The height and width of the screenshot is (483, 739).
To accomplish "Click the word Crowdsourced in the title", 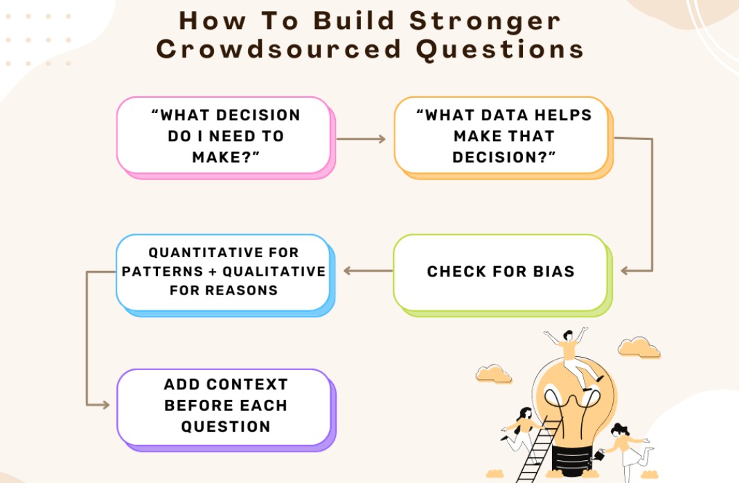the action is (x=279, y=49).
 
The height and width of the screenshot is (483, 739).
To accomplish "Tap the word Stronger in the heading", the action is (x=485, y=21).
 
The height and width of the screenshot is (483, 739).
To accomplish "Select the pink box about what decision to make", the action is (x=226, y=138).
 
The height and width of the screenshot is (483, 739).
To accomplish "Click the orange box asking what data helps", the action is (x=504, y=138).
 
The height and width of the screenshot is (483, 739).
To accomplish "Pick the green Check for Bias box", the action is (x=502, y=275).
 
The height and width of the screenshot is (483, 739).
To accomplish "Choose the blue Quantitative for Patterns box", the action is (x=225, y=275).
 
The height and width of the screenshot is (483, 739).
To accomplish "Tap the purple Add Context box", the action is (x=226, y=410).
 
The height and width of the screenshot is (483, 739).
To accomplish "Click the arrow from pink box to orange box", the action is (x=361, y=139).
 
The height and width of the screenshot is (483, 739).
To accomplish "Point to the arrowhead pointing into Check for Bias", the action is (x=625, y=271).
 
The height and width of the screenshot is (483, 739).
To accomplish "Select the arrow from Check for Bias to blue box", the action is (x=368, y=271).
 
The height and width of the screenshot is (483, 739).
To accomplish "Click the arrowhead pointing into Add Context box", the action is (x=105, y=405).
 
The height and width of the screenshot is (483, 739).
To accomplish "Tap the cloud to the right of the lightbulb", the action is (x=639, y=348).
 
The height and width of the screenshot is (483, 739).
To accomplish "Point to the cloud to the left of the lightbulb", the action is (x=493, y=374).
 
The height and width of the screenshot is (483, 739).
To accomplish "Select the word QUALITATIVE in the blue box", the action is (x=274, y=272).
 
